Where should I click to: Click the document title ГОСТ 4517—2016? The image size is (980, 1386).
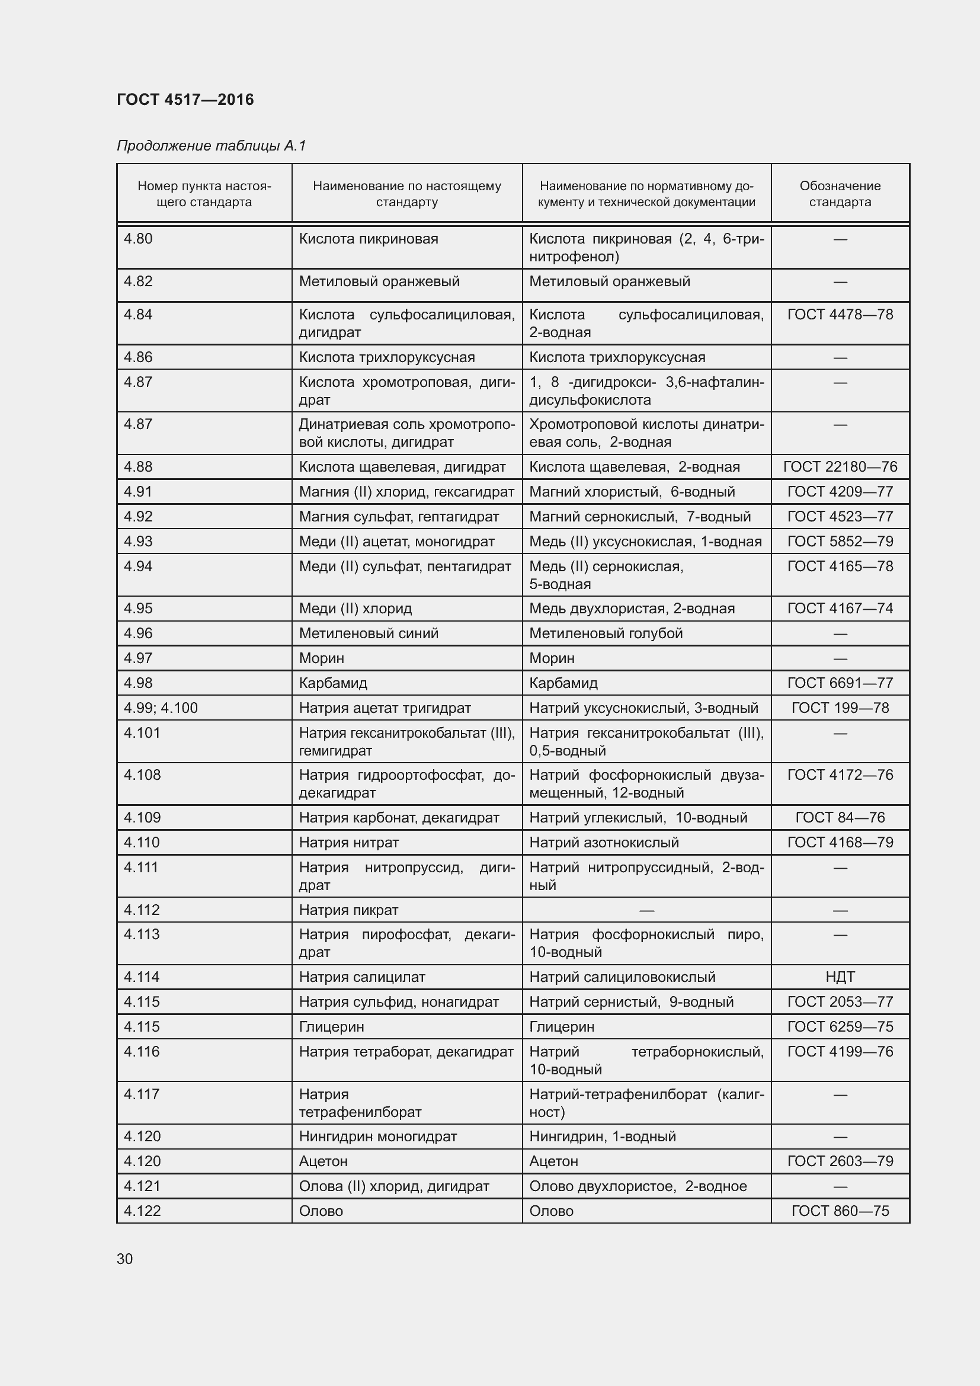point(185,100)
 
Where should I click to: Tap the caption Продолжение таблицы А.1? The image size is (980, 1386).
point(211,146)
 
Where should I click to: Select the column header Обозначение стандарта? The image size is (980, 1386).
point(840,194)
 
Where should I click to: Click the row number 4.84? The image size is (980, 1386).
point(138,315)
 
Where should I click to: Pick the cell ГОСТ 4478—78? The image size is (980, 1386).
point(840,315)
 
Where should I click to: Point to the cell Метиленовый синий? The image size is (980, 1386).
point(369,633)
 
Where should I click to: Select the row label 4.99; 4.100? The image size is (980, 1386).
point(161,708)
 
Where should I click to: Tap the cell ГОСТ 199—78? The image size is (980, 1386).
point(840,708)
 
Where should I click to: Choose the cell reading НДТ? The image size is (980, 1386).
point(840,977)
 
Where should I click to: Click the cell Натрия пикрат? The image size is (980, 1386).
point(349,910)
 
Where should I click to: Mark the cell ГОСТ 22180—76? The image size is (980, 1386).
point(840,466)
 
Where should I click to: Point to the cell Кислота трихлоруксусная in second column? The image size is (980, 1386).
point(387,357)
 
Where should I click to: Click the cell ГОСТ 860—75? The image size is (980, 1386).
point(840,1211)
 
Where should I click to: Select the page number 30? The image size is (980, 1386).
point(125,1259)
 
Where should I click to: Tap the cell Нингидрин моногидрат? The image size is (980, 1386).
point(378,1136)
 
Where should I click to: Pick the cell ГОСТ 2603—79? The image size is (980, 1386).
point(840,1161)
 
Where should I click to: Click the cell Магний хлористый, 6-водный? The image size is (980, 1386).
point(632,491)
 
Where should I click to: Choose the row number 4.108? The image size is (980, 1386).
point(142,774)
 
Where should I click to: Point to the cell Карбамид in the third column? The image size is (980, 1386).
point(563,683)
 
